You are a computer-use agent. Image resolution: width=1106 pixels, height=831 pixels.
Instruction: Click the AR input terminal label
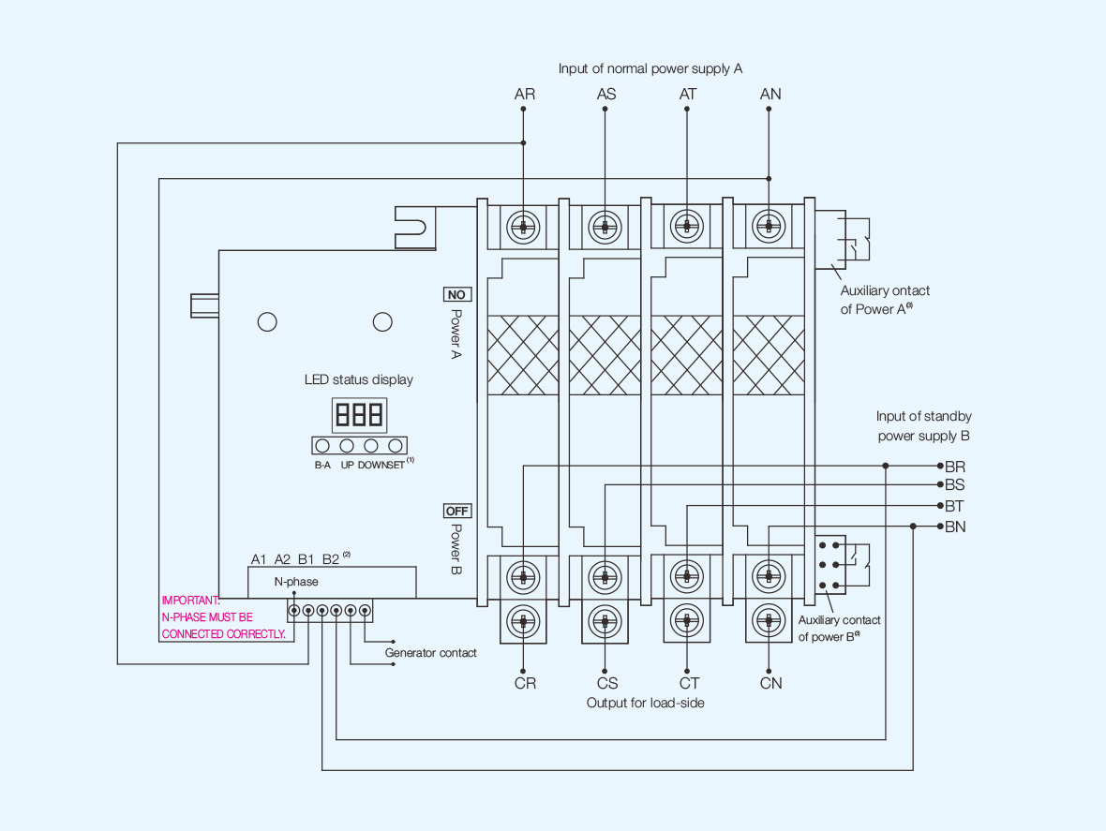(x=525, y=94)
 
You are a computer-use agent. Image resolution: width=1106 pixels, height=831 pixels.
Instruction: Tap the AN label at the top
(x=770, y=94)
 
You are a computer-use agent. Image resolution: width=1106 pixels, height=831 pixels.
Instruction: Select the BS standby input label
(x=955, y=485)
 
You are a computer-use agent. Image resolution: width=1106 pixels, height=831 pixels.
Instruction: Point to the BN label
(x=955, y=527)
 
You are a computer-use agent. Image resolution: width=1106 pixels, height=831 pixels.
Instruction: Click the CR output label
(x=525, y=683)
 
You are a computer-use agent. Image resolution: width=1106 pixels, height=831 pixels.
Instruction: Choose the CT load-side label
(x=689, y=683)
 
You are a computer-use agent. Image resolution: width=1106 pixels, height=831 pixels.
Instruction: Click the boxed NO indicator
(x=456, y=294)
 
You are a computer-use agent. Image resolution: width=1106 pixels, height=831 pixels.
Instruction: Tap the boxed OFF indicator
(x=457, y=512)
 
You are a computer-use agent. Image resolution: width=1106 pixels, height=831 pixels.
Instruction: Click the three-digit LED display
(x=359, y=414)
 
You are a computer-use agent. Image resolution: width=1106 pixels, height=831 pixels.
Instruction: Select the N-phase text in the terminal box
(x=296, y=582)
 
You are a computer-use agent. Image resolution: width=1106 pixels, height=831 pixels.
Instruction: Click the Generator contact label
(x=430, y=653)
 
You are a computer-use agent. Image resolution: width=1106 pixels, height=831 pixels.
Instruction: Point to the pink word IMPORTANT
(x=190, y=601)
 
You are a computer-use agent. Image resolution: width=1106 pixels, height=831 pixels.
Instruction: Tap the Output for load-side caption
(x=645, y=702)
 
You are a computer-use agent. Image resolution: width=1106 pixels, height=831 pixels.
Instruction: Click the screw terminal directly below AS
(x=605, y=227)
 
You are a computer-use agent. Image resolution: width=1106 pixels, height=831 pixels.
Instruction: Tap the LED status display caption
(x=358, y=379)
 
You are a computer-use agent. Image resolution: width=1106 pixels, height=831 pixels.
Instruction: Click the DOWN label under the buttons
(x=373, y=464)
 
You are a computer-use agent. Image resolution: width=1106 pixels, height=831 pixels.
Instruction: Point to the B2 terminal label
(x=330, y=559)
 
